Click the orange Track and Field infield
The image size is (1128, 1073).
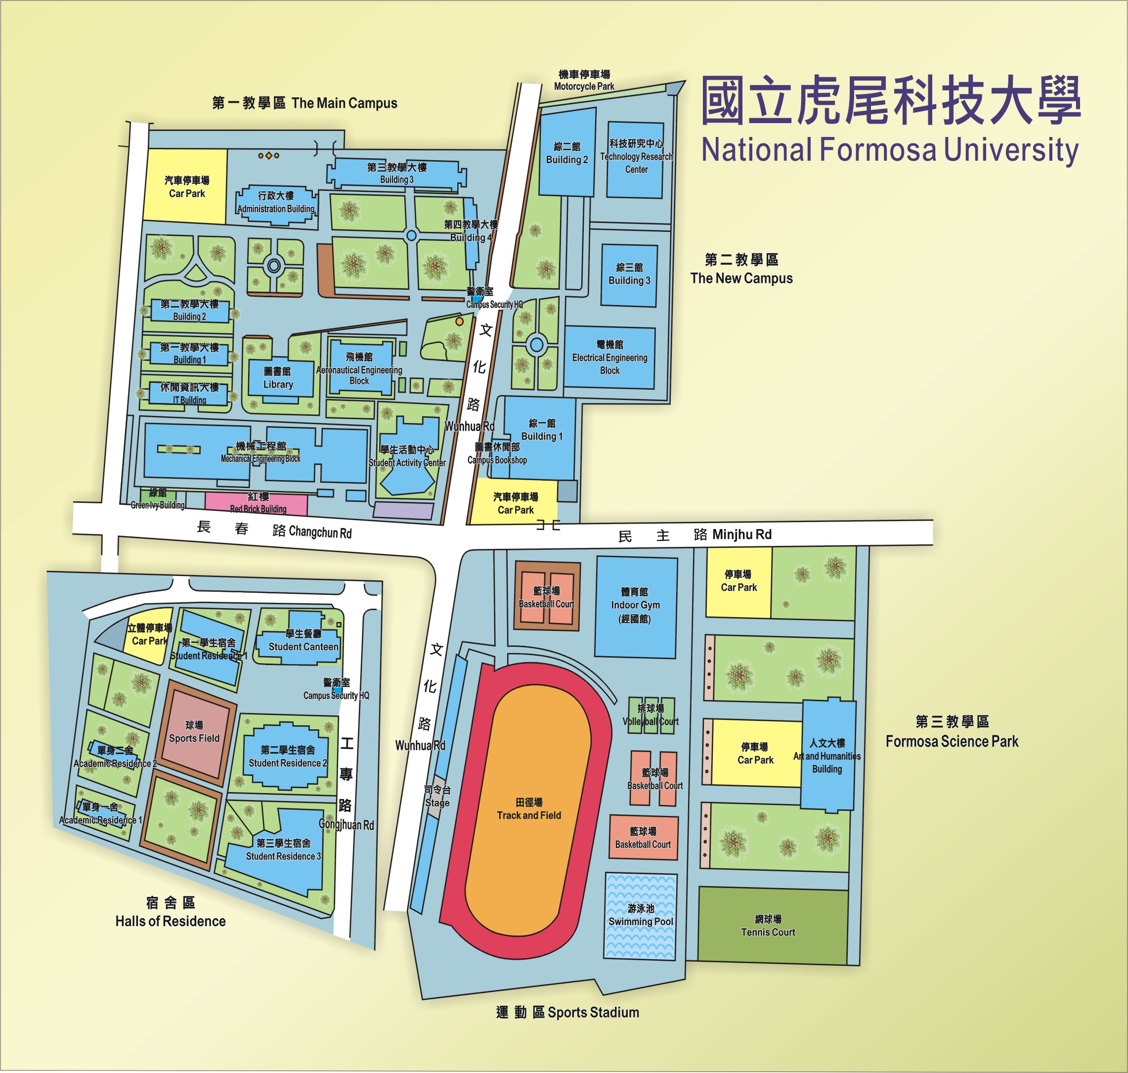pyautogui.click(x=529, y=808)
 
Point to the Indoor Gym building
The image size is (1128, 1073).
pyautogui.click(x=635, y=606)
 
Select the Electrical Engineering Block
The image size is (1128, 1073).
pyautogui.click(x=609, y=358)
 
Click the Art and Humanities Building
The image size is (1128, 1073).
pyautogui.click(x=827, y=756)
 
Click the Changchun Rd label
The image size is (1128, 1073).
pyautogui.click(x=320, y=532)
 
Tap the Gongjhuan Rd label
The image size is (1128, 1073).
pyautogui.click(x=346, y=825)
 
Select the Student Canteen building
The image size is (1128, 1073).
pyautogui.click(x=303, y=641)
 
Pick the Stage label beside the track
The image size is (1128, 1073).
pyautogui.click(x=437, y=803)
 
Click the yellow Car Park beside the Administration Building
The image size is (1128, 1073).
pyautogui.click(x=186, y=187)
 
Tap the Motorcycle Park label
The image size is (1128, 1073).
pyautogui.click(x=584, y=87)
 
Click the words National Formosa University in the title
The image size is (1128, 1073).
pyautogui.click(x=890, y=150)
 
